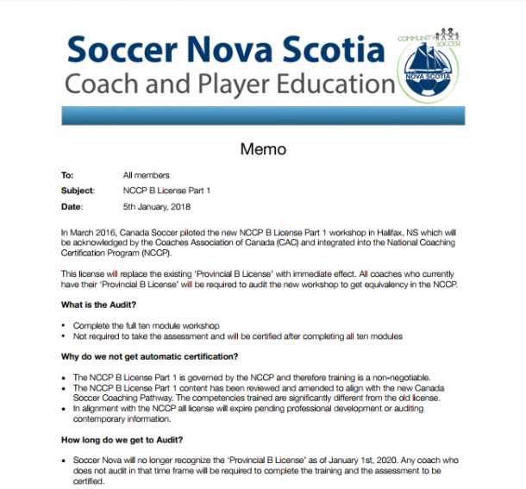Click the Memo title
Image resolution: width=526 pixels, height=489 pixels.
pos(263,149)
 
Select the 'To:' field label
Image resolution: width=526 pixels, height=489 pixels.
pos(67,175)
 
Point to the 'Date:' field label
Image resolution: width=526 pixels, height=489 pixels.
pos(72,207)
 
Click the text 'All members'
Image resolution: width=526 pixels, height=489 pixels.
pos(146,175)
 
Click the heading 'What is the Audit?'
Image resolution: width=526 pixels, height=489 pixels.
pos(98,305)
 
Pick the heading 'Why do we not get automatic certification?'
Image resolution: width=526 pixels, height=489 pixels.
pos(149,356)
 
